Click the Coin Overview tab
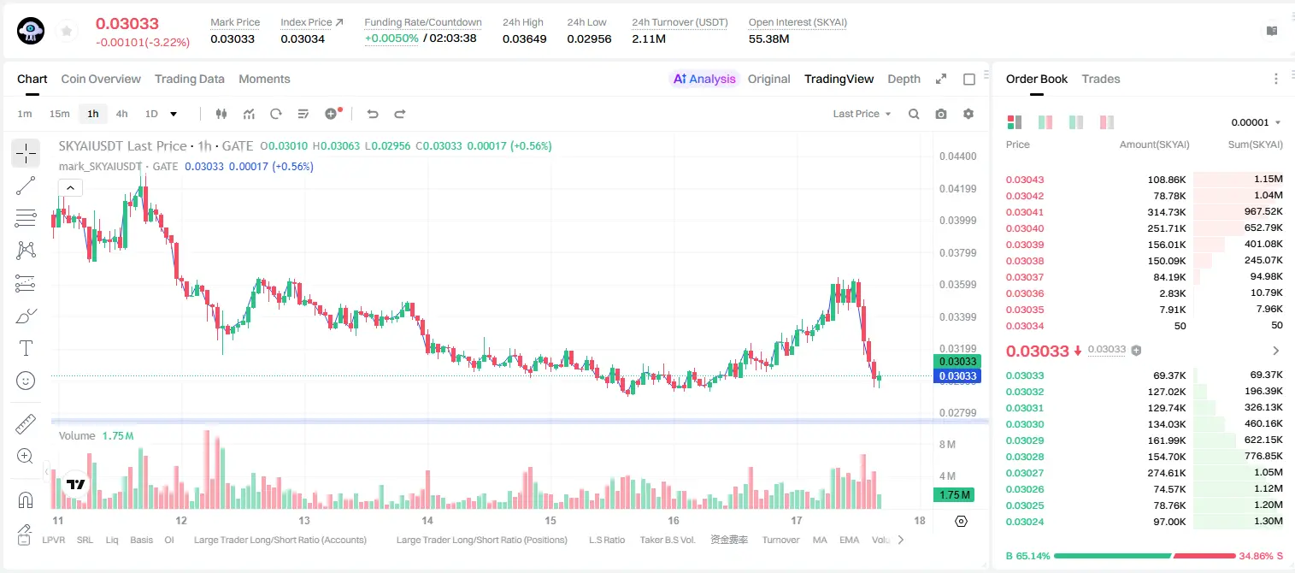tap(101, 79)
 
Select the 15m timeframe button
tap(59, 114)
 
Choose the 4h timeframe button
tap(121, 114)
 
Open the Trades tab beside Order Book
tap(1101, 79)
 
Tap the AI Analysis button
tap(704, 79)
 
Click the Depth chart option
tap(904, 79)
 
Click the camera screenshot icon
tap(941, 114)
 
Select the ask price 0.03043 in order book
tap(1025, 180)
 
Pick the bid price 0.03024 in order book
tap(1025, 522)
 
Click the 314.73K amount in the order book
tap(1167, 212)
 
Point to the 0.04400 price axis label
tap(958, 157)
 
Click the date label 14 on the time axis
tap(427, 520)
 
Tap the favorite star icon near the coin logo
tap(67, 31)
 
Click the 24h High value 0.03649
tap(524, 38)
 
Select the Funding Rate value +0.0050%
tap(391, 38)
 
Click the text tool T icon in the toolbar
tap(26, 348)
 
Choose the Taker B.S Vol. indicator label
tap(667, 540)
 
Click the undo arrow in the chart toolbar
tap(373, 114)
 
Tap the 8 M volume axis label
tap(948, 444)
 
